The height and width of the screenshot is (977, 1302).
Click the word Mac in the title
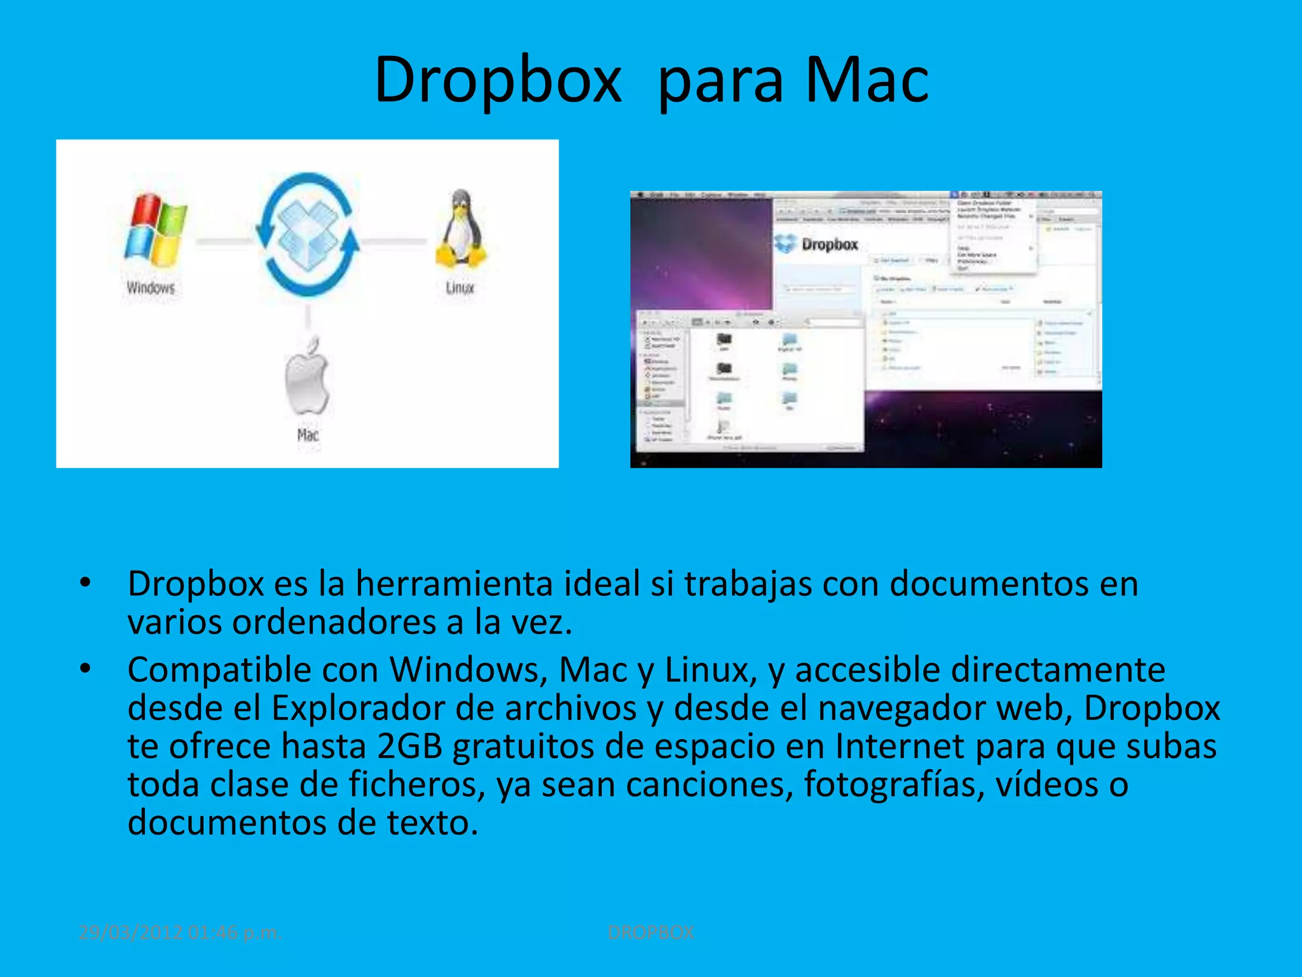point(867,80)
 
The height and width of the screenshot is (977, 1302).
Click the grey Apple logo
point(307,378)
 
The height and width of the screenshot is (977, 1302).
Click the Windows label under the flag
point(151,288)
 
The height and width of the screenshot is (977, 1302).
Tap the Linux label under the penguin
point(460,288)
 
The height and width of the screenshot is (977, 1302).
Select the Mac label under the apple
point(308,434)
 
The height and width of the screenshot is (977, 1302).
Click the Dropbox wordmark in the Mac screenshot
point(829,244)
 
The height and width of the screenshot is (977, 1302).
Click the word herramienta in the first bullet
point(454,584)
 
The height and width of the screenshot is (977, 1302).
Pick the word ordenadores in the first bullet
point(334,622)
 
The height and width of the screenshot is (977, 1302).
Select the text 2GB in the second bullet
point(409,746)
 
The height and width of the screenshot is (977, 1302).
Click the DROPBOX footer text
point(651,932)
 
